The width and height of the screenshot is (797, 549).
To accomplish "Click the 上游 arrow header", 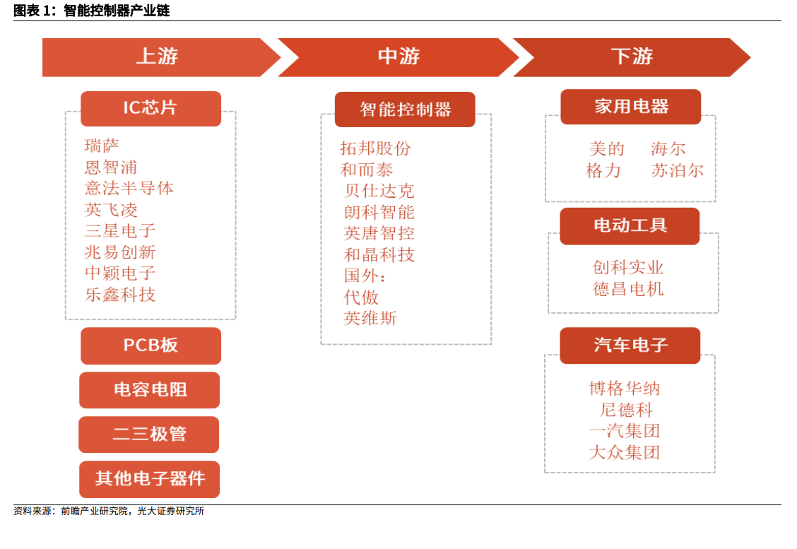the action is (158, 57).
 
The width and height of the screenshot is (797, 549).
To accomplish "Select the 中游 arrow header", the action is (399, 57).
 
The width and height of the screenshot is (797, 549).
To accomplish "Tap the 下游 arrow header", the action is (632, 57).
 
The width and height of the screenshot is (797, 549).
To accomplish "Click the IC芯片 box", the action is (150, 109).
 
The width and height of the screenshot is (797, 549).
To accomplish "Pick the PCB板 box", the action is (150, 346).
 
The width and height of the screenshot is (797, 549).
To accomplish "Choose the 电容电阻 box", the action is (150, 390).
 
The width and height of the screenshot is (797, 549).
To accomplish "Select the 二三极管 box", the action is (149, 435).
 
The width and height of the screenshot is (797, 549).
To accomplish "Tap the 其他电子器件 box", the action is (150, 479).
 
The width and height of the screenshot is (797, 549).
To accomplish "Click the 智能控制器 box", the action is (405, 110).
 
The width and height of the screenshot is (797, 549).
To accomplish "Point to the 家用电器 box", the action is (631, 107).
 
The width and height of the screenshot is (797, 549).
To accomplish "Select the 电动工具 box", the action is (630, 226).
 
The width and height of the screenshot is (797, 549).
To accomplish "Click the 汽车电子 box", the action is (630, 346).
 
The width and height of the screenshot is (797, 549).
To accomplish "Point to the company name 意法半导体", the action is (129, 189).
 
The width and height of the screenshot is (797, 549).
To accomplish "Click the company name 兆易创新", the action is (120, 252).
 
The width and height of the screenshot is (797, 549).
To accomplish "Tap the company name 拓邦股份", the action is (376, 148).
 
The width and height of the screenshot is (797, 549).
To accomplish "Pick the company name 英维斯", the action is (370, 318).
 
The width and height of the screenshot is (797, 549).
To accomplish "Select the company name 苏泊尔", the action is (678, 171).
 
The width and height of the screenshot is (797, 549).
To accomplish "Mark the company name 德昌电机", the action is (628, 289).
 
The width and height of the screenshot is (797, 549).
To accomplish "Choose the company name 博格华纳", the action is (625, 389).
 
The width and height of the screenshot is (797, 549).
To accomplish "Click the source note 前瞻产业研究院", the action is (95, 511).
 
